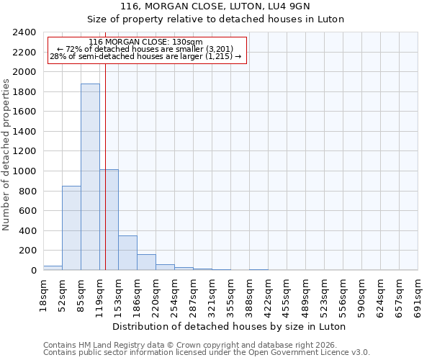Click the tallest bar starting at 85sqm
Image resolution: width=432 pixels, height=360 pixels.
click(90, 177)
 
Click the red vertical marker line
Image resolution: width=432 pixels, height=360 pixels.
click(105, 166)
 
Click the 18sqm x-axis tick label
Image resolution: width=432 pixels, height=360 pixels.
click(43, 294)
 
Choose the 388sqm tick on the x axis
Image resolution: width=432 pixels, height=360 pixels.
click(249, 294)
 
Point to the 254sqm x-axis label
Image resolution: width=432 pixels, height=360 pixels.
click(174, 294)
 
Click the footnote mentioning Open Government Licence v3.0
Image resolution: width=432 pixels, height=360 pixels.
click(207, 353)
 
